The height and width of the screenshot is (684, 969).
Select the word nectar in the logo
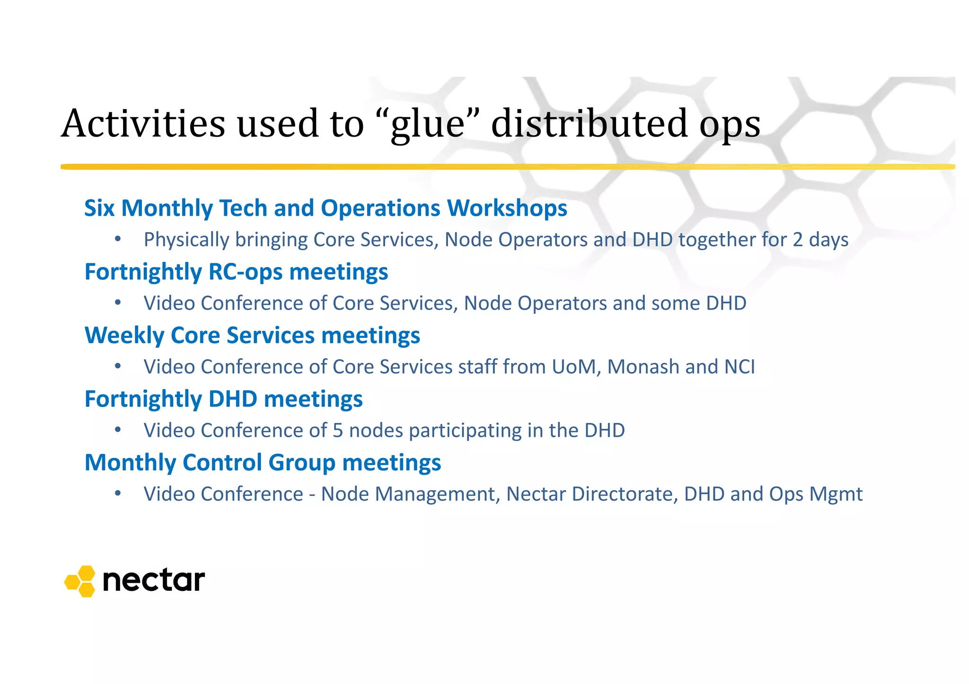(154, 580)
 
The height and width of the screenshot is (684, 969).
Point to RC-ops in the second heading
(245, 272)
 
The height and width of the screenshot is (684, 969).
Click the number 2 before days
(798, 240)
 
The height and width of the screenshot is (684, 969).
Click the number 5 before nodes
(338, 431)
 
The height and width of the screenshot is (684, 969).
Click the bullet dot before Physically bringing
(118, 239)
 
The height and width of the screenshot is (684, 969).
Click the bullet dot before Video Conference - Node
(118, 494)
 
